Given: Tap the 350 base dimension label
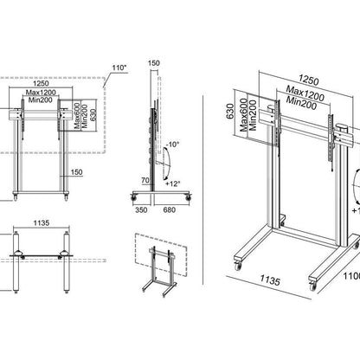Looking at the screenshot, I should (x=140, y=209).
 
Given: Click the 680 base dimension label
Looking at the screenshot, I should (x=170, y=209).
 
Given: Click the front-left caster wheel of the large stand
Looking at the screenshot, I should (x=236, y=260).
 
